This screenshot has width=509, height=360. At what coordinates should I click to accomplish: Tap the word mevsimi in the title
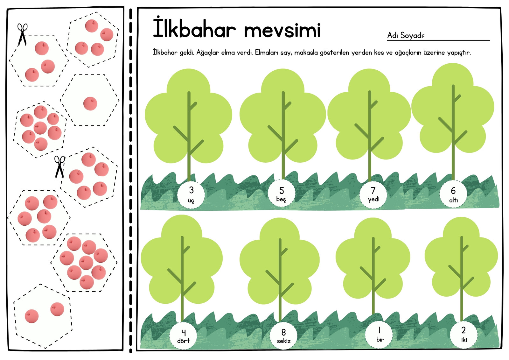(282, 30)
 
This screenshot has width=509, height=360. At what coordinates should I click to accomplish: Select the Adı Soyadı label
(406, 35)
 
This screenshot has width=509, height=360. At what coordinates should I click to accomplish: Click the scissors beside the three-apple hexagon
(22, 34)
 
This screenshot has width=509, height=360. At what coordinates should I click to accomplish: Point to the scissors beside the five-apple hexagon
(59, 167)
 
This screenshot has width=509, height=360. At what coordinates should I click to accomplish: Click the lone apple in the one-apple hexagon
(90, 104)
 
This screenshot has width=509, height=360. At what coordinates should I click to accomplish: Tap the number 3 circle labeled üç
(191, 194)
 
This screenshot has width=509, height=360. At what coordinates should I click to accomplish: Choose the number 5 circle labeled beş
(281, 193)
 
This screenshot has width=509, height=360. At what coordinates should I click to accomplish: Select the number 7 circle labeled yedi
(373, 194)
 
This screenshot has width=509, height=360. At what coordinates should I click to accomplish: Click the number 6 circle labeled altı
(453, 194)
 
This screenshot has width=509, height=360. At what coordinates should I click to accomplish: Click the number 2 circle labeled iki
(464, 335)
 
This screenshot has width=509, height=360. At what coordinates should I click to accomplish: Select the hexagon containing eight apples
(84, 263)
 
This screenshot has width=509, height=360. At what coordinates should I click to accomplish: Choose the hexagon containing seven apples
(40, 130)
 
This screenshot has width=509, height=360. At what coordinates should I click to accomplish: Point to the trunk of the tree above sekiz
(280, 280)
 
